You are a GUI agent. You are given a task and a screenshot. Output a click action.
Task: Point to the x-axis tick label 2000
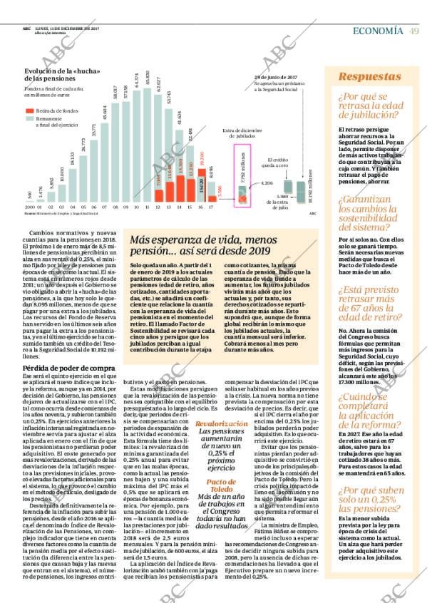[29, 208]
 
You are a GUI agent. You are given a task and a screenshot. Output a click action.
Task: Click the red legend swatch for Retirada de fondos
[30, 111]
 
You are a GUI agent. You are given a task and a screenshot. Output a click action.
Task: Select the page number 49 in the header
[414, 30]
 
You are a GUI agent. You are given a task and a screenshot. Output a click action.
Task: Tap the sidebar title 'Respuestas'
[369, 76]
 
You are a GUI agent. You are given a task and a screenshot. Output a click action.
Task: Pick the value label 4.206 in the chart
[266, 184]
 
